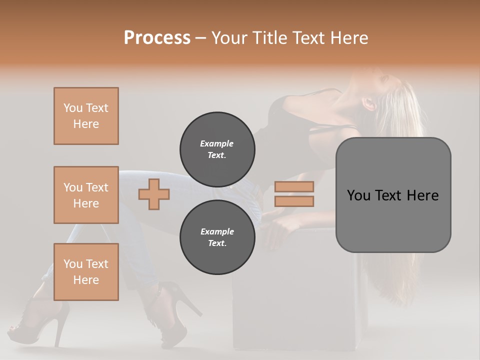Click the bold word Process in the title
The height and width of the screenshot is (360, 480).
click(x=157, y=38)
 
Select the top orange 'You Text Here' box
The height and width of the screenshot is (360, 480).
click(x=86, y=116)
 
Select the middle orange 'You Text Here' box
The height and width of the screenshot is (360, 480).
click(x=86, y=195)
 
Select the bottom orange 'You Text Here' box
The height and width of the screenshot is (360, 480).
click(x=86, y=272)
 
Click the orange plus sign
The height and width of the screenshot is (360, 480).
click(x=154, y=194)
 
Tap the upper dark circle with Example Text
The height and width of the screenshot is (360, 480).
click(x=217, y=149)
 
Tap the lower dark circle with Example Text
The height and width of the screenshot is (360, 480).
click(x=217, y=237)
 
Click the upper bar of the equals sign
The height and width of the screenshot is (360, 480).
click(x=294, y=186)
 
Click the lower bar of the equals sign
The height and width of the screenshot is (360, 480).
click(x=294, y=201)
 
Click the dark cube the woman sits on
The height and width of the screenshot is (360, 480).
click(x=300, y=300)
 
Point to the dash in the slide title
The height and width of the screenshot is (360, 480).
click(x=201, y=38)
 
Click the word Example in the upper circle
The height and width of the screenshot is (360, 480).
click(x=217, y=143)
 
